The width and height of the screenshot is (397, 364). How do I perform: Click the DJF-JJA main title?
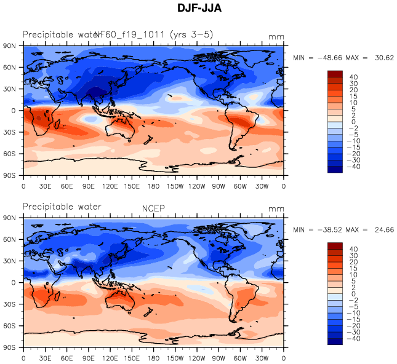tap(199, 9)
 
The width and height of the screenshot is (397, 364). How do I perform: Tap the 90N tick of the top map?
tap(10, 45)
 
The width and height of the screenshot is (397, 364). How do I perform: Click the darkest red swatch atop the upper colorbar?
tap(335, 74)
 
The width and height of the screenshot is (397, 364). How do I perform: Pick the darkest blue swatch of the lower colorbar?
tap(335, 342)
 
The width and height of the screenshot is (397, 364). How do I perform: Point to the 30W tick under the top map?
tap(262, 186)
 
